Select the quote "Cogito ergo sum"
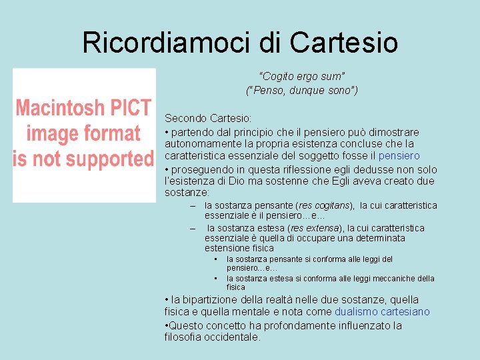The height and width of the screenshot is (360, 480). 301,77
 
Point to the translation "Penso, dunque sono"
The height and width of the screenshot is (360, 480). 301,90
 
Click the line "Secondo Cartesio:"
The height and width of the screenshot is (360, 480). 208,118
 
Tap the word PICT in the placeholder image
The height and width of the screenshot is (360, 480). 127,108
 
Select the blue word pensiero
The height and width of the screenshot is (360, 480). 399,155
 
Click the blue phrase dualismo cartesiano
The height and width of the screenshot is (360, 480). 382,311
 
